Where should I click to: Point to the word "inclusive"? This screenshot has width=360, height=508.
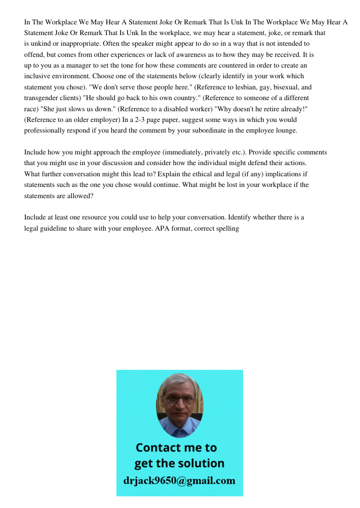(38, 76)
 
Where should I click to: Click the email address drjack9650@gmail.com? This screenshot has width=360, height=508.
(179, 481)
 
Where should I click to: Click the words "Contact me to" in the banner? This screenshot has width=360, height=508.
(176, 448)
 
